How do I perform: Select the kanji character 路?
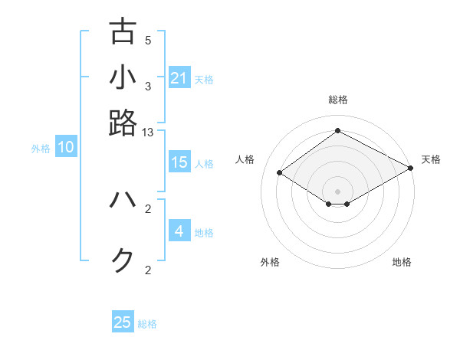tap(123, 123)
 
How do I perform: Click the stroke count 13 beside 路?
tap(149, 133)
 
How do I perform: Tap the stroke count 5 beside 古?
tap(149, 41)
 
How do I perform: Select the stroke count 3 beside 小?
tap(149, 87)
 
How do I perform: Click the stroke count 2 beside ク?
tap(149, 270)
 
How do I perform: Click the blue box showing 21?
tap(179, 78)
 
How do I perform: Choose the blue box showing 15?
tap(179, 162)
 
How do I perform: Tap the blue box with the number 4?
tap(179, 231)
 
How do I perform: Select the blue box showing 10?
tap(66, 148)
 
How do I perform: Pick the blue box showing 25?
tap(123, 322)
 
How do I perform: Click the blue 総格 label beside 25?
tap(147, 324)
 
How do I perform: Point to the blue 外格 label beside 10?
tap(41, 149)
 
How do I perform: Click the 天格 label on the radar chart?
tap(431, 159)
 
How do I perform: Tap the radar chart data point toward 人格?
tap(280, 173)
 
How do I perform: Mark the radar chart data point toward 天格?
tap(412, 169)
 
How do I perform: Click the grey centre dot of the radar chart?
tap(338, 191)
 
